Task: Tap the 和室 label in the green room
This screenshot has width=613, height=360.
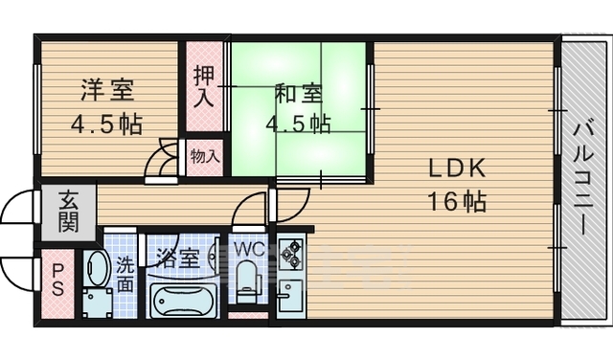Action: point(299,94)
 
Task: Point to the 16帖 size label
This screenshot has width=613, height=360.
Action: point(457,202)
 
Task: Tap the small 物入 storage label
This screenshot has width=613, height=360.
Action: point(204,155)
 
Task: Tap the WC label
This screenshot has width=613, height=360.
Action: point(248,249)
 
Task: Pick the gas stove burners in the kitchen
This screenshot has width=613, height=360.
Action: point(291,255)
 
